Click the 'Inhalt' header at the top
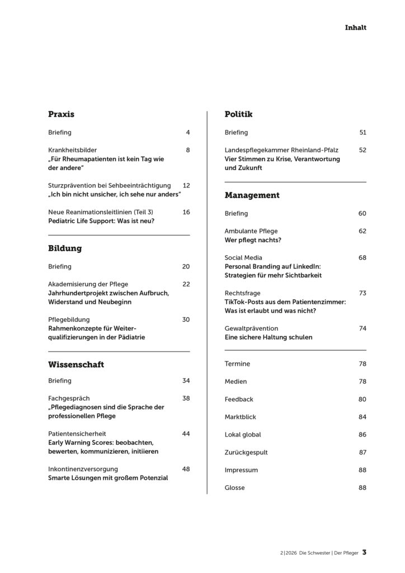pyautogui.click(x=355, y=27)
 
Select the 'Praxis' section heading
pyautogui.click(x=61, y=114)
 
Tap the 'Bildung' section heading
pyautogui.click(x=65, y=248)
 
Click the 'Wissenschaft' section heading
pyautogui.click(x=76, y=365)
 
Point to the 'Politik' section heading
pyautogui.click(x=238, y=114)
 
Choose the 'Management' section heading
pyautogui.click(x=252, y=195)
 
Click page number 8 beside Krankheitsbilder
pyautogui.click(x=188, y=150)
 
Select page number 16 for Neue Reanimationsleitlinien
pyautogui.click(x=186, y=212)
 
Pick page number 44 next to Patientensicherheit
pyautogui.click(x=186, y=434)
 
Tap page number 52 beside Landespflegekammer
pyautogui.click(x=362, y=150)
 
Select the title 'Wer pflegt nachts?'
pyautogui.click(x=253, y=239)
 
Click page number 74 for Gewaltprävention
pyautogui.click(x=362, y=328)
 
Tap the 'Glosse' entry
pyautogui.click(x=234, y=488)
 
